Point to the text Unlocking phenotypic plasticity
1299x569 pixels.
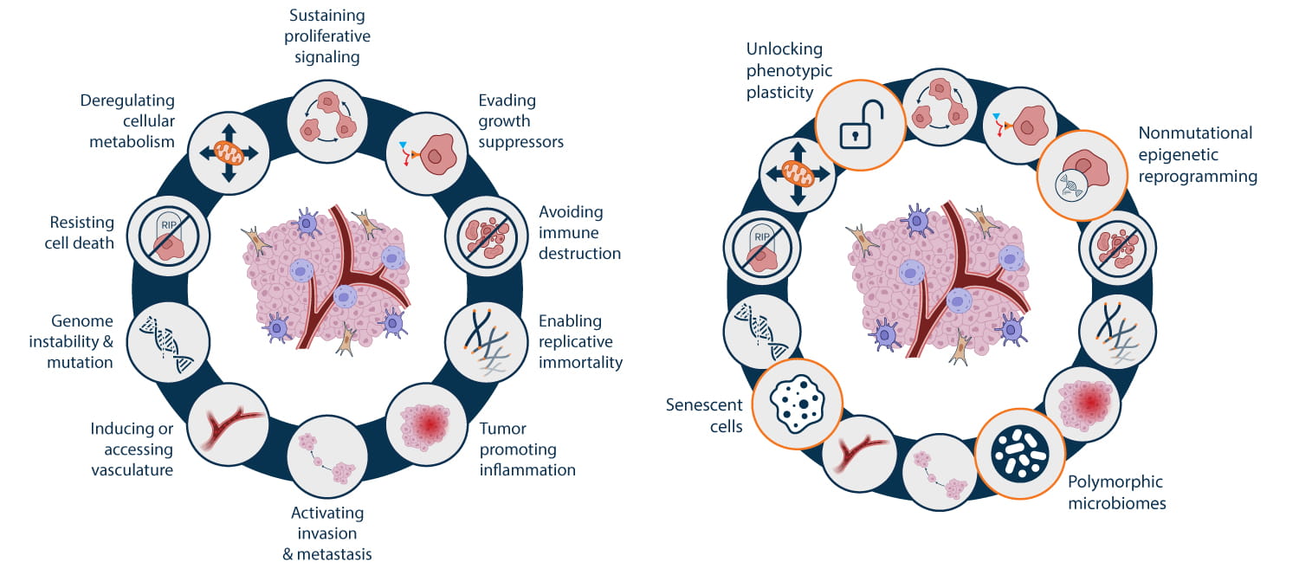pyautogui.click(x=785, y=70)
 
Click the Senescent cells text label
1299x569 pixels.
pyautogui.click(x=704, y=416)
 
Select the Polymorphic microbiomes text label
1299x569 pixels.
pyautogui.click(x=1115, y=492)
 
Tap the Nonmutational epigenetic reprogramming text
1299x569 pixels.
pyautogui.click(x=1197, y=155)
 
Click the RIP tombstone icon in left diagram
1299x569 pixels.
pyautogui.click(x=170, y=235)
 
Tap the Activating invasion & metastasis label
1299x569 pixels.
pyautogui.click(x=326, y=533)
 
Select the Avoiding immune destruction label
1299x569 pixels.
pyautogui.click(x=579, y=232)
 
